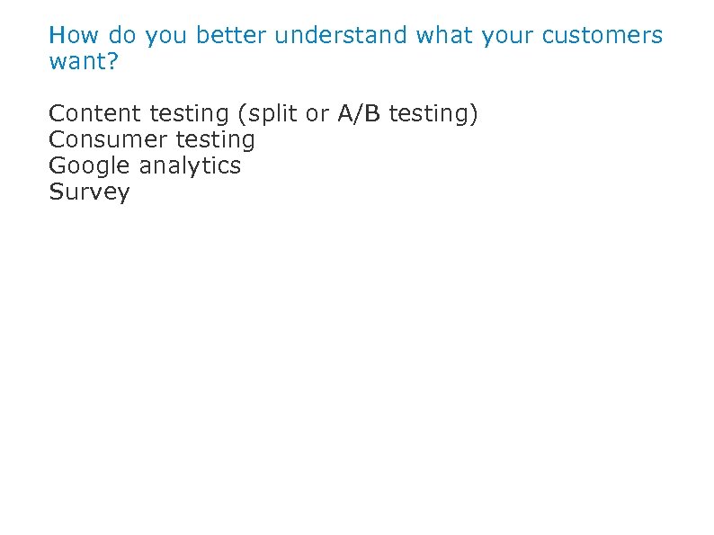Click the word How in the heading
click(x=73, y=36)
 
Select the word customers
click(x=602, y=36)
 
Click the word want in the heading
click(x=78, y=63)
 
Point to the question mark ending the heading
click(x=113, y=63)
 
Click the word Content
click(x=95, y=113)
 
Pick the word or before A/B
click(x=317, y=114)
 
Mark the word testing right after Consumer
click(x=216, y=140)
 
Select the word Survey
click(x=89, y=192)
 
